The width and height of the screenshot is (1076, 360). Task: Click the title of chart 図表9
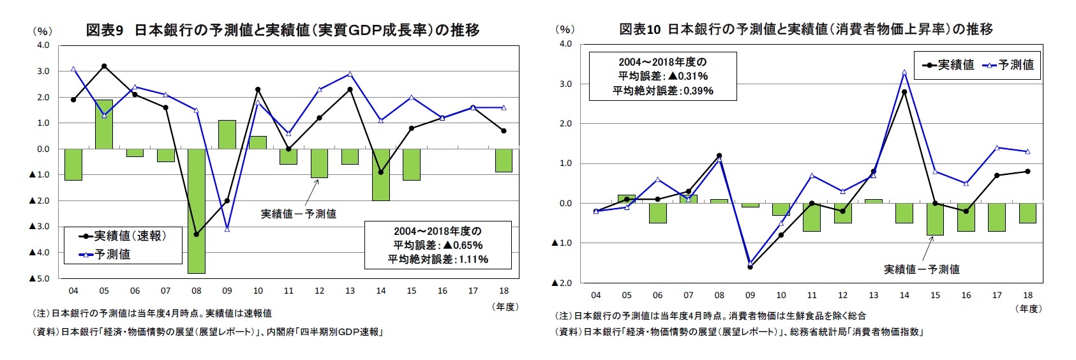282,30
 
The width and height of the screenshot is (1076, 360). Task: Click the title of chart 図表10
805,29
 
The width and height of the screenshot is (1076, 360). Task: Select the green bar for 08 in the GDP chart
196,211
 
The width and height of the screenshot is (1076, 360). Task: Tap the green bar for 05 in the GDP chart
104,124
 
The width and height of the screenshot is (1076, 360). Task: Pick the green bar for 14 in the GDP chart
381,174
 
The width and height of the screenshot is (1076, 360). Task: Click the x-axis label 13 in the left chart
350,291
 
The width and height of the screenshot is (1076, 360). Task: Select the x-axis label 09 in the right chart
750,296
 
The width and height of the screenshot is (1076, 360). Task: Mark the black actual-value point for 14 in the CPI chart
904,92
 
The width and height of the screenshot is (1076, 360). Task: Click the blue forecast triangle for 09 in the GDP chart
227,229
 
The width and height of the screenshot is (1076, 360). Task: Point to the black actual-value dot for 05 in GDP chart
104,66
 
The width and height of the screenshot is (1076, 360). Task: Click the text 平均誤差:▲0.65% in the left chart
438,245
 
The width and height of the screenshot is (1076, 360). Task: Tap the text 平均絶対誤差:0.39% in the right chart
662,91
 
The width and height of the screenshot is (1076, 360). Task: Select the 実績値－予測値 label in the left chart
298,214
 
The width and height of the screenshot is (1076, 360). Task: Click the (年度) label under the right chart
1027,309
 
